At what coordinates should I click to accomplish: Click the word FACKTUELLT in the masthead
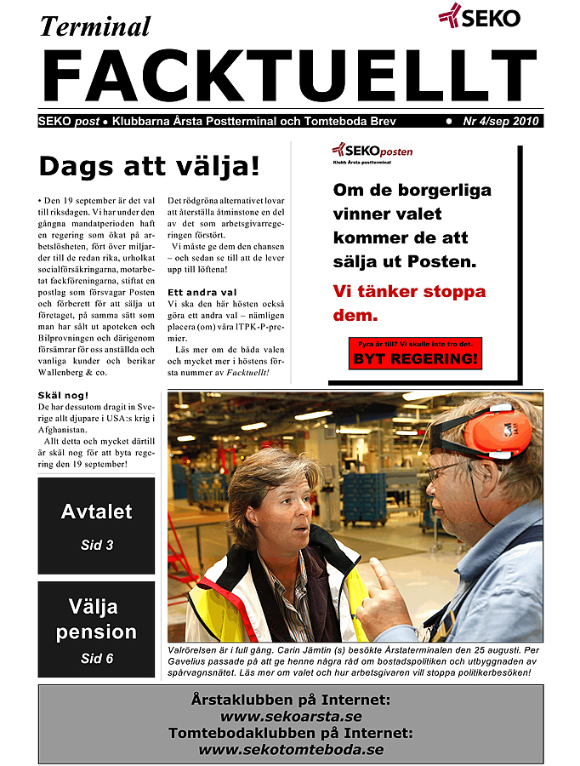(289, 76)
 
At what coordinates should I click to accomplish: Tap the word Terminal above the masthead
(94, 26)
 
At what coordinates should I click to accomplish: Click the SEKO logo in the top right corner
(479, 15)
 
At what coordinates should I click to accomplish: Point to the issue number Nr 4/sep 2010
(502, 122)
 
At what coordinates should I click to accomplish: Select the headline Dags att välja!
(149, 166)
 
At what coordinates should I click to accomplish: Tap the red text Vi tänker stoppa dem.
(409, 303)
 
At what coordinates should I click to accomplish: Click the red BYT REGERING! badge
(416, 358)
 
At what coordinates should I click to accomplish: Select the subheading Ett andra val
(196, 292)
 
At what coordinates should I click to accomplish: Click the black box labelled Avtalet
(96, 525)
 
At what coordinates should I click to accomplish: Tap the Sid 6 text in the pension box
(96, 659)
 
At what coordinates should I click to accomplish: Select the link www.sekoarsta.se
(290, 717)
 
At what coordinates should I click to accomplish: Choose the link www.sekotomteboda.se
(290, 750)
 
